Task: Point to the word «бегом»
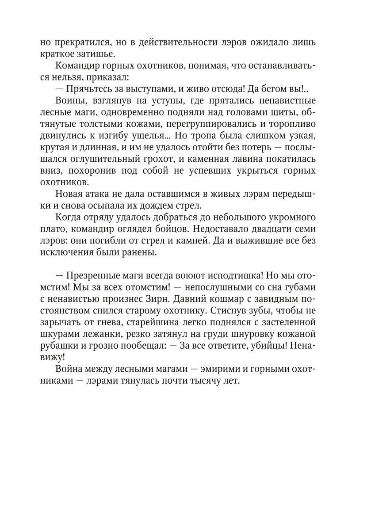coord(274,88)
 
